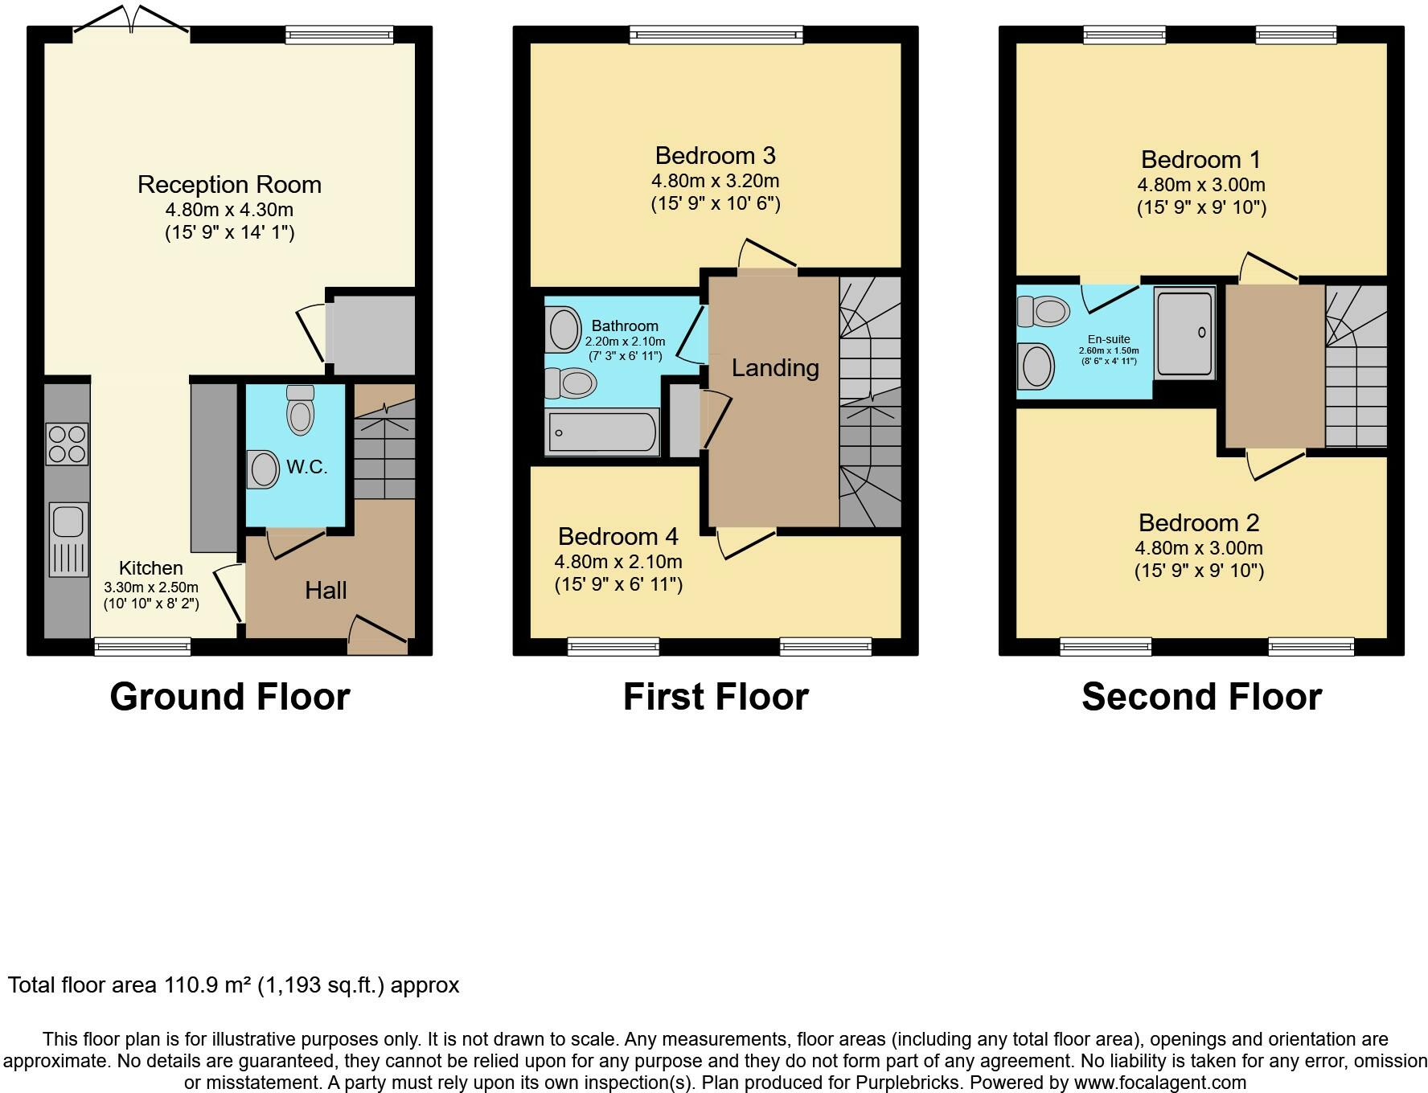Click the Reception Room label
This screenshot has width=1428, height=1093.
[229, 185]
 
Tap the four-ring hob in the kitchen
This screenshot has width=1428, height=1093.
[68, 444]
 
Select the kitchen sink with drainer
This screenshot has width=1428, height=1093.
[68, 538]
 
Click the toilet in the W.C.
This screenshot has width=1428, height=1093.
[300, 409]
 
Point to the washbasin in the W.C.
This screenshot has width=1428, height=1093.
[261, 469]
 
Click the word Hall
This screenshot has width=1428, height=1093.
[326, 591]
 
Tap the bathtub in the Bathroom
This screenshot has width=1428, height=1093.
[602, 432]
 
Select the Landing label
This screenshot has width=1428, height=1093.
[775, 368]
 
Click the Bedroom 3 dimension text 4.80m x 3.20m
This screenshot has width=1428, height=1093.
[715, 181]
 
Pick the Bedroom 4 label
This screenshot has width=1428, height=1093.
[618, 536]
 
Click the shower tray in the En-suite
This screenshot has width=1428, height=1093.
[1184, 333]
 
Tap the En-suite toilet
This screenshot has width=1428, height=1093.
[1044, 310]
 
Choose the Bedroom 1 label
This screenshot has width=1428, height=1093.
[1201, 160]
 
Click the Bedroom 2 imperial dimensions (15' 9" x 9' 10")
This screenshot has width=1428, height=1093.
[1199, 571]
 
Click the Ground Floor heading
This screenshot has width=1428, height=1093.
[230, 697]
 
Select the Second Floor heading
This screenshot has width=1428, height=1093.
[1201, 697]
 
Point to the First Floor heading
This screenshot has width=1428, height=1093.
[716, 697]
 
